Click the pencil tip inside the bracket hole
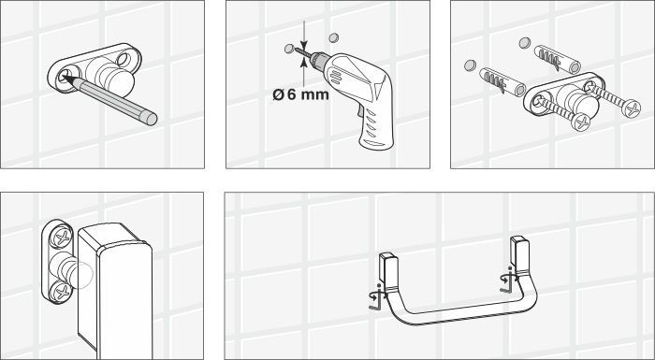(x=65, y=78)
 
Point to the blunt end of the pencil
(x=152, y=119)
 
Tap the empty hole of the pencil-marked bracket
(x=124, y=59)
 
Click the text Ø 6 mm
(x=300, y=94)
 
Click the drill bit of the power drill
(x=302, y=52)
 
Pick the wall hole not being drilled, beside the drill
(x=333, y=38)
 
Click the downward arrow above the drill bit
(x=304, y=35)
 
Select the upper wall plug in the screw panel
(x=557, y=59)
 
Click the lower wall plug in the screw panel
(x=502, y=81)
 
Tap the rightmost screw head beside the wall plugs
(x=631, y=108)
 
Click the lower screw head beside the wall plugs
(x=580, y=122)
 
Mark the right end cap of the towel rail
(x=520, y=254)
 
